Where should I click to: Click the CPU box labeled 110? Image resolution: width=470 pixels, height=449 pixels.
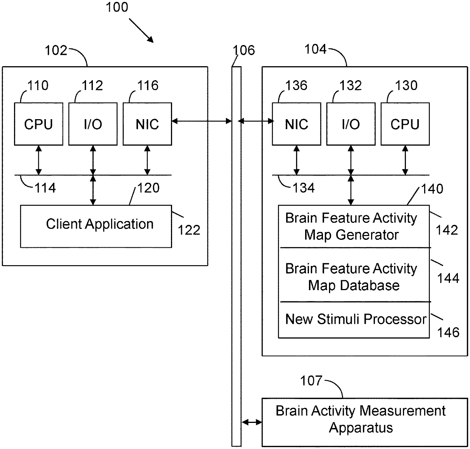pos(39,124)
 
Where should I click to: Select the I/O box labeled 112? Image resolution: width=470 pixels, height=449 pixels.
pos(93,124)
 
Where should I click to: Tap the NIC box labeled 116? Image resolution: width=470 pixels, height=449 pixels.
pos(147,124)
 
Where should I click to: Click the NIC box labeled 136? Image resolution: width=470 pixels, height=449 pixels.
pos(296,124)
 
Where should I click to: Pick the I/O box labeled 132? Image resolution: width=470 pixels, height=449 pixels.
pos(351,124)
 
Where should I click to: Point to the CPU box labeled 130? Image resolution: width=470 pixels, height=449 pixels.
pos(405,124)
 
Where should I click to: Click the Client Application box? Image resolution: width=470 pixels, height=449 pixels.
pos(96,226)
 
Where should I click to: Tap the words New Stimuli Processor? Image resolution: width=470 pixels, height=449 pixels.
pos(356,319)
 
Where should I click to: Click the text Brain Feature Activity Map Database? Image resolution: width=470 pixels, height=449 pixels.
pos(351,277)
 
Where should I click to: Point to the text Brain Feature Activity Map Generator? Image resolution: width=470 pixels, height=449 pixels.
pos(351,226)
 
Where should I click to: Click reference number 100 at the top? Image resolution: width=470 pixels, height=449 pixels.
pos(117,7)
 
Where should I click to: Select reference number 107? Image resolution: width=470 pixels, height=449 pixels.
pos(311,381)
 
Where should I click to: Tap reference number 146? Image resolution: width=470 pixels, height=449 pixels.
pos(448,332)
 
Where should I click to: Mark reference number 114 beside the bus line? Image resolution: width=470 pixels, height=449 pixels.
pos(45,188)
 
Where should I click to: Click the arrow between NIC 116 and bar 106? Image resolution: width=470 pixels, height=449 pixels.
pos(202,121)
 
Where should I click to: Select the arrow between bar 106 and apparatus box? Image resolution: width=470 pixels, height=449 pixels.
pos(252,422)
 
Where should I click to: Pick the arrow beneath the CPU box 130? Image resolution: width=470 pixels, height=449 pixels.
pos(405,160)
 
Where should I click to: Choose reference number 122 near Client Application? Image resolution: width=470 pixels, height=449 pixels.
pos(189,230)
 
